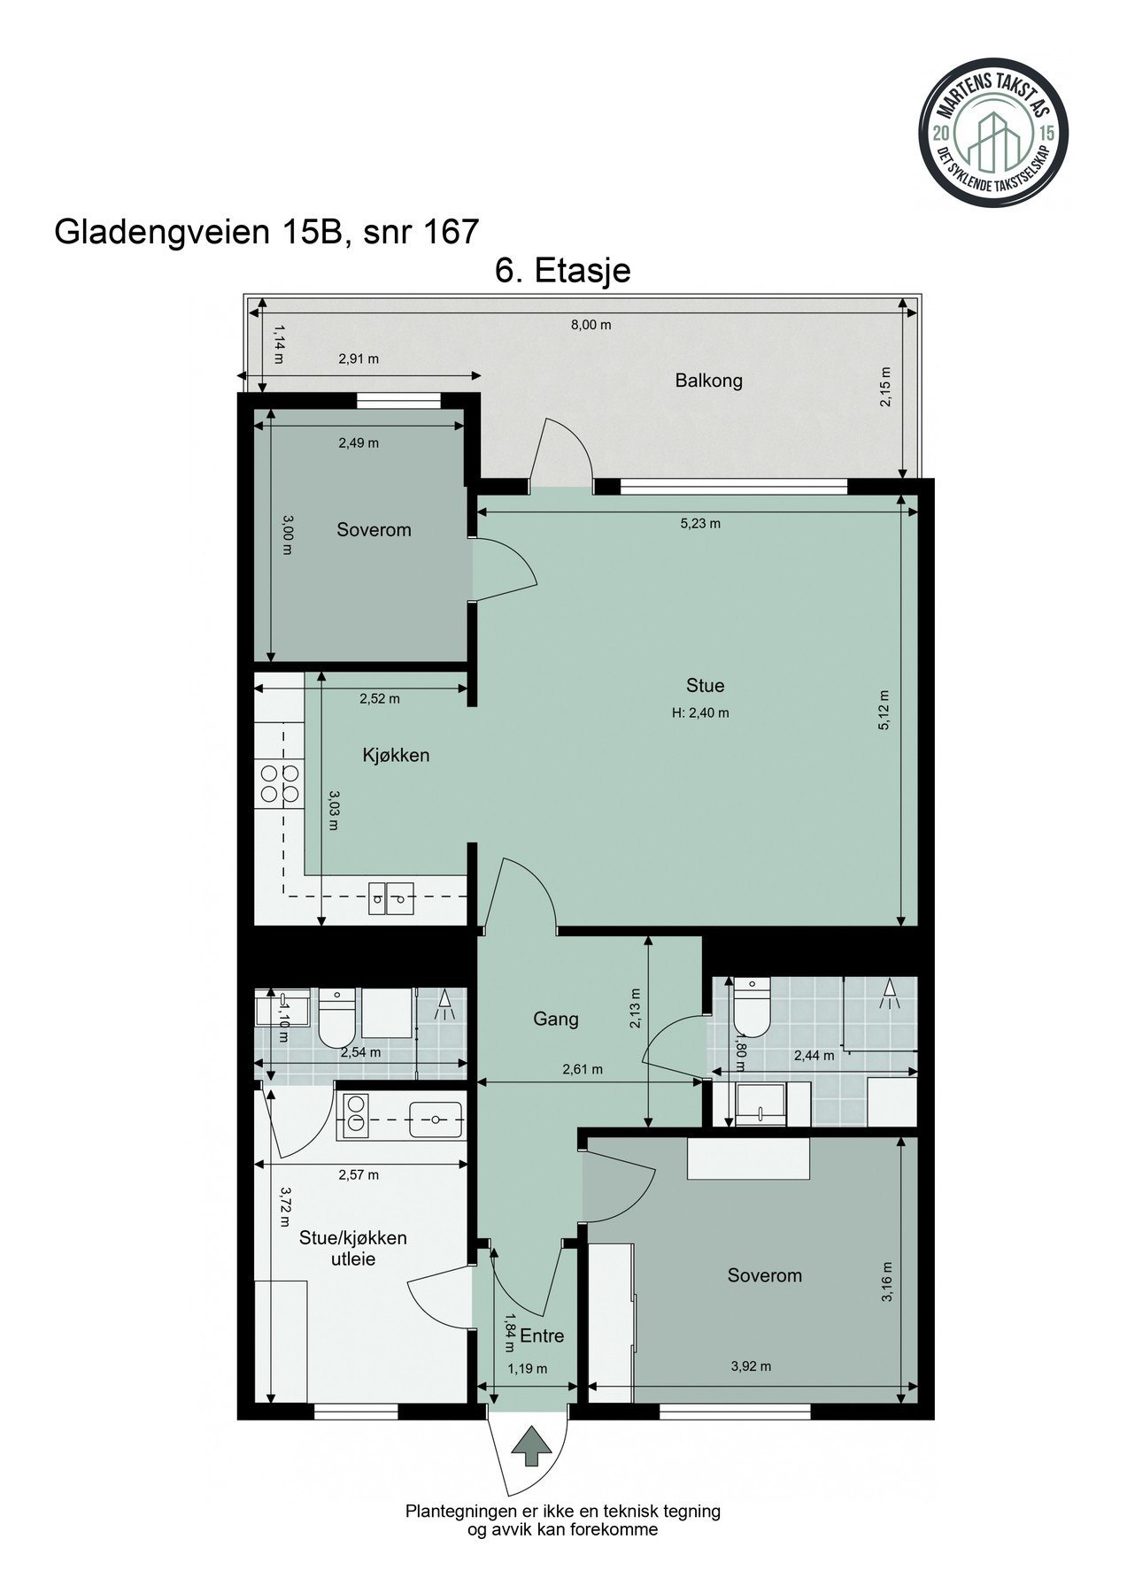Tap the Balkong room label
[x=708, y=381]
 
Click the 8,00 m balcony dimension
[x=591, y=325]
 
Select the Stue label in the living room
[x=705, y=685]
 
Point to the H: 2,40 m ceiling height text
[x=700, y=712]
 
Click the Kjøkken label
[x=396, y=755]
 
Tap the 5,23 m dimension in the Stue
[x=699, y=523]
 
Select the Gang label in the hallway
[x=555, y=1019]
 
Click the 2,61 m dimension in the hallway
[x=583, y=1069]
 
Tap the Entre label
[x=542, y=1335]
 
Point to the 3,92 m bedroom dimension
[x=751, y=1366]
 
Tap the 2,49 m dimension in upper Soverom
[x=359, y=442]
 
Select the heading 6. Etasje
[x=563, y=270]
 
